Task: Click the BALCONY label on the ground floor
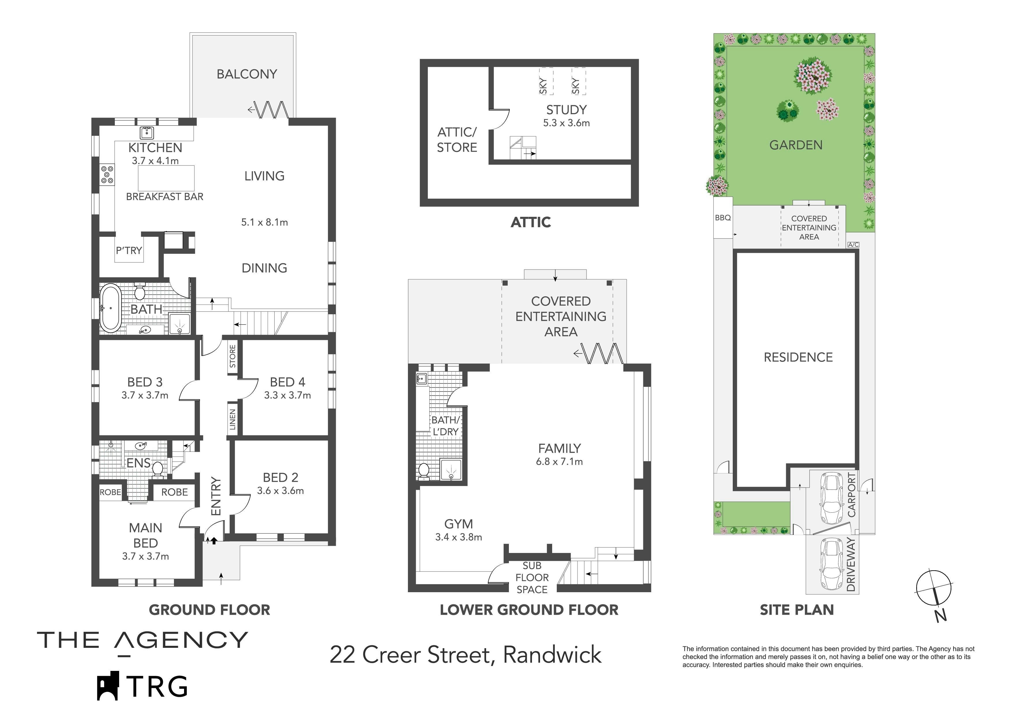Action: coord(247,74)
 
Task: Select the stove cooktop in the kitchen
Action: coord(107,174)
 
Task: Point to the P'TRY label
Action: coord(129,251)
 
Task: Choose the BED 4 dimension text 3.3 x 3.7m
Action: coord(287,396)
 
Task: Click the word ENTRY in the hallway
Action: coord(215,496)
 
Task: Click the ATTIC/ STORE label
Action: coord(457,140)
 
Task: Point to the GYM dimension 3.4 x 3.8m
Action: coord(458,537)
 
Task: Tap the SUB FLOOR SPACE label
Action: coord(532,577)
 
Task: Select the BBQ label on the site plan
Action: coord(723,218)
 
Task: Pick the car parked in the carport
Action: coord(830,498)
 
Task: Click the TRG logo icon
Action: coord(108,686)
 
